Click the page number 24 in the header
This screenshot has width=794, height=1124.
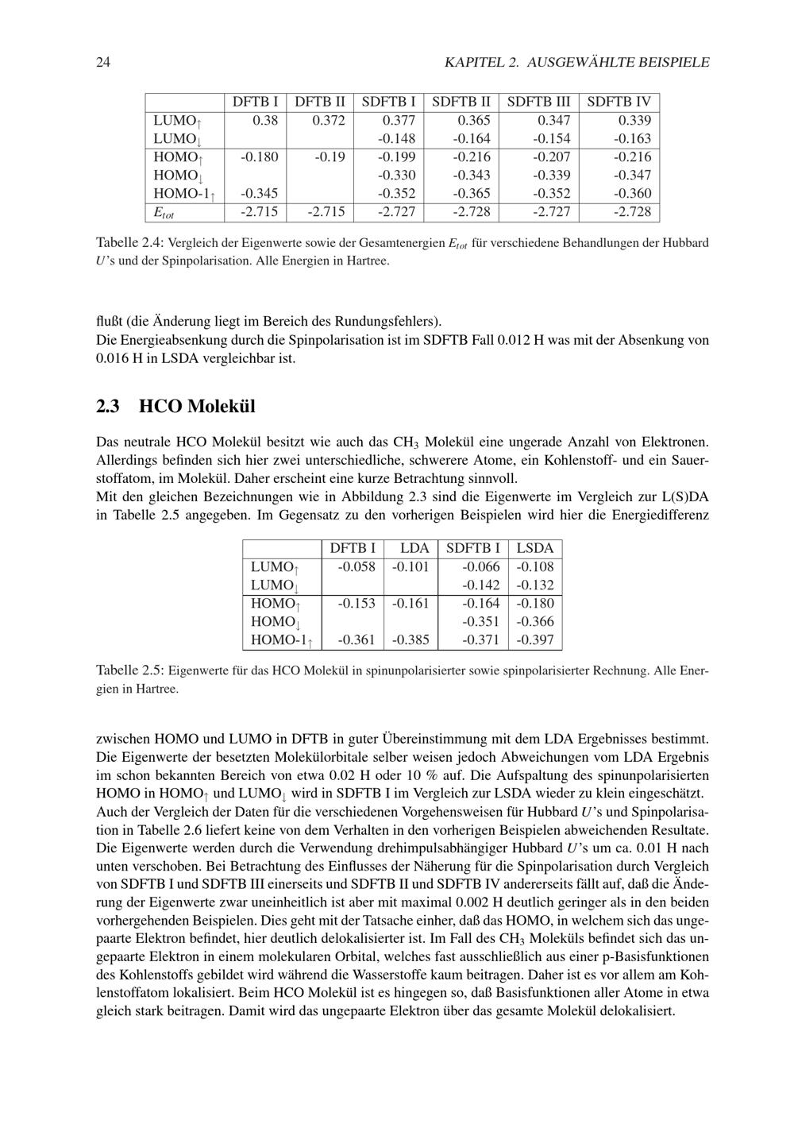pos(102,62)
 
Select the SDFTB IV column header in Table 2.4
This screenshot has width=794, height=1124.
pos(619,102)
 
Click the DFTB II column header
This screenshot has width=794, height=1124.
pos(320,102)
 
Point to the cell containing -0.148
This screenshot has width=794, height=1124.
pos(397,138)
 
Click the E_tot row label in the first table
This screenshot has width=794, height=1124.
pos(164,212)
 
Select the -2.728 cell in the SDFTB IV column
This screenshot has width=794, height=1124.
pos(632,211)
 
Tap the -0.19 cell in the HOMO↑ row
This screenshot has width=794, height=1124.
pos(330,156)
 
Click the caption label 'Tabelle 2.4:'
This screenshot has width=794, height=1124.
pos(130,242)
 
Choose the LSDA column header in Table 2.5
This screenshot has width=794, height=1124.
pos(535,548)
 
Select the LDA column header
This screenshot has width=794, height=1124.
pos(414,548)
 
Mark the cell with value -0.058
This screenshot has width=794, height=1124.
pos(356,566)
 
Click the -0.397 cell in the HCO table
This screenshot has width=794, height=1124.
pos(535,639)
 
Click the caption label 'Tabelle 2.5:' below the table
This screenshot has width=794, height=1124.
pos(130,670)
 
